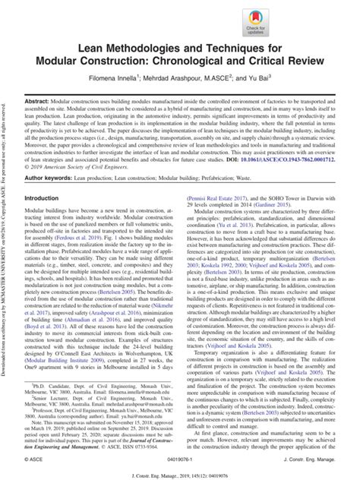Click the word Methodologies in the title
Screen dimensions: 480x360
[161, 66]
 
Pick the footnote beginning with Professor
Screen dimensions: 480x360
[114, 413]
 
